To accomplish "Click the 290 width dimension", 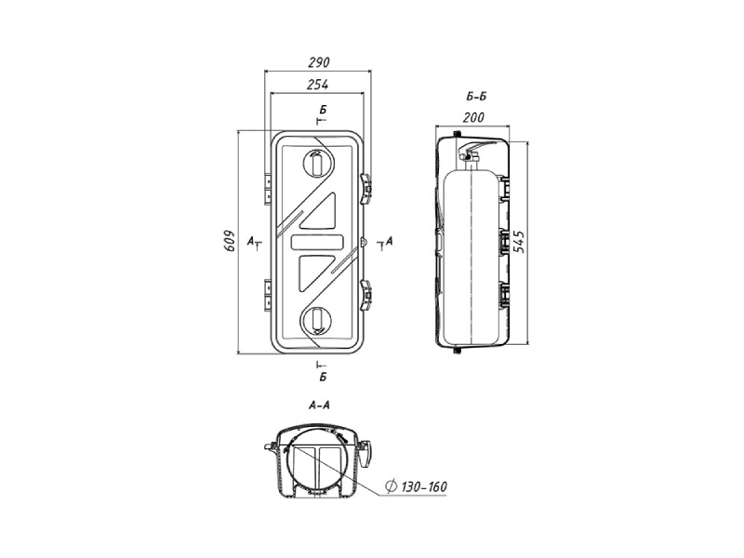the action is click(x=318, y=62).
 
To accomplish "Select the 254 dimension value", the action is click(x=317, y=85).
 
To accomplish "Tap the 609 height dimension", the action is click(x=230, y=242).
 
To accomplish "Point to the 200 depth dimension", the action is click(x=473, y=117).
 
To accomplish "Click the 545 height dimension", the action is click(x=520, y=242).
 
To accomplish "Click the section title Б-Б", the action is click(x=476, y=97).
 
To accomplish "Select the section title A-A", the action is click(x=319, y=405).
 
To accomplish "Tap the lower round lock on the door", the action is click(x=315, y=320).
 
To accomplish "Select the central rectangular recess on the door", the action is click(x=316, y=242).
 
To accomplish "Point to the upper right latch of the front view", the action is click(x=365, y=189).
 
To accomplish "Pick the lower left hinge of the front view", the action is click(x=268, y=295).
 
